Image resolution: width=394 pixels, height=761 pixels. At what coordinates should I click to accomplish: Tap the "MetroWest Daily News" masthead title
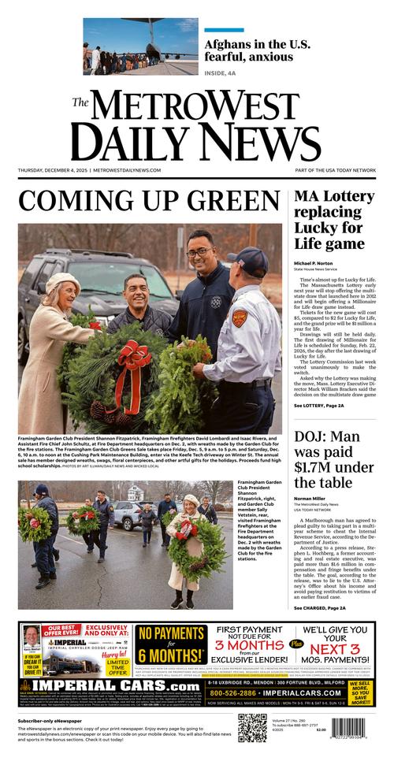click(x=197, y=126)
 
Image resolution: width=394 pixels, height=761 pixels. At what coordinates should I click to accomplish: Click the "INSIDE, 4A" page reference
click(x=223, y=74)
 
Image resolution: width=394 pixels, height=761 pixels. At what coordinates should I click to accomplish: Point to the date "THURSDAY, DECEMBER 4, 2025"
click(x=53, y=170)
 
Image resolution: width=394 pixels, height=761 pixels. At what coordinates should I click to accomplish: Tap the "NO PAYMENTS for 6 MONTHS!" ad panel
click(x=171, y=644)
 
